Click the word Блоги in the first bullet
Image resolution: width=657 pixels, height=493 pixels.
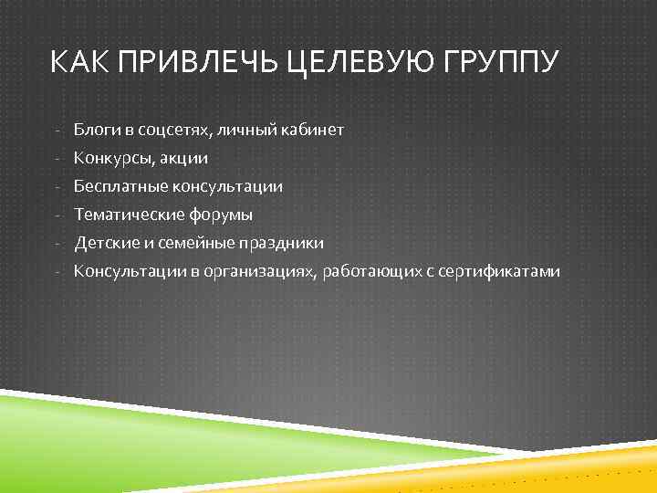[94, 131]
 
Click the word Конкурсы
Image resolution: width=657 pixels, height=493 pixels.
[114, 159]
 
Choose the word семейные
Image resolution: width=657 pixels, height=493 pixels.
[187, 244]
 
